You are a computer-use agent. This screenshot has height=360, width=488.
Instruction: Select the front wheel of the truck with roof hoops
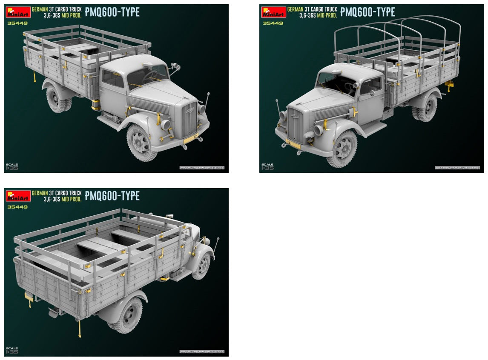(x=342, y=149)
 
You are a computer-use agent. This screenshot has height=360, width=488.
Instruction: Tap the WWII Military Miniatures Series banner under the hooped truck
(x=457, y=168)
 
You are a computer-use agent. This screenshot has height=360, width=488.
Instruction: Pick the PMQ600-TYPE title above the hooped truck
(x=367, y=12)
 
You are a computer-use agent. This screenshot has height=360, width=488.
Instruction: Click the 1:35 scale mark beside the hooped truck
(x=268, y=166)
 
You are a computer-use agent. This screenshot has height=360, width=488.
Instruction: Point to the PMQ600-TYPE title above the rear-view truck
(x=112, y=196)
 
